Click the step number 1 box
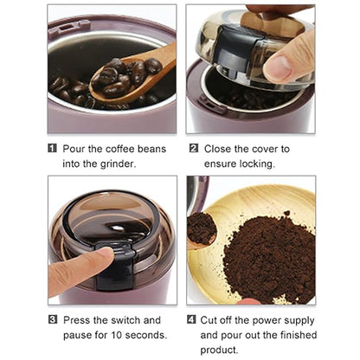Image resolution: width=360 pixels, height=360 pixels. pos(54,148)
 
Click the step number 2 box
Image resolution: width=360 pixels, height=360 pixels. pos(194,148)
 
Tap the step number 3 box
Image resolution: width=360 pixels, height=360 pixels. pos(54,320)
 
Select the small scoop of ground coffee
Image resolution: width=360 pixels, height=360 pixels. pos(202,228)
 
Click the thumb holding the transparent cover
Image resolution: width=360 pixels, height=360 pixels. pos(284,65)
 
